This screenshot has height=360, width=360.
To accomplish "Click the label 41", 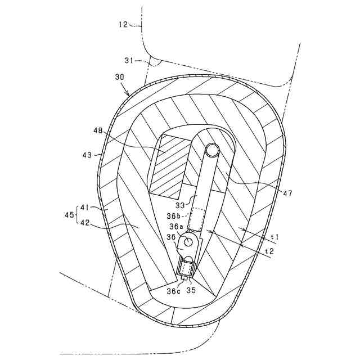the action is (x=85, y=208).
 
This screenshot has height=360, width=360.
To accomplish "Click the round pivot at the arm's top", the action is (x=212, y=150).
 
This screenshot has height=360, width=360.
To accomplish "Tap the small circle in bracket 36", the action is (x=188, y=241).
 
